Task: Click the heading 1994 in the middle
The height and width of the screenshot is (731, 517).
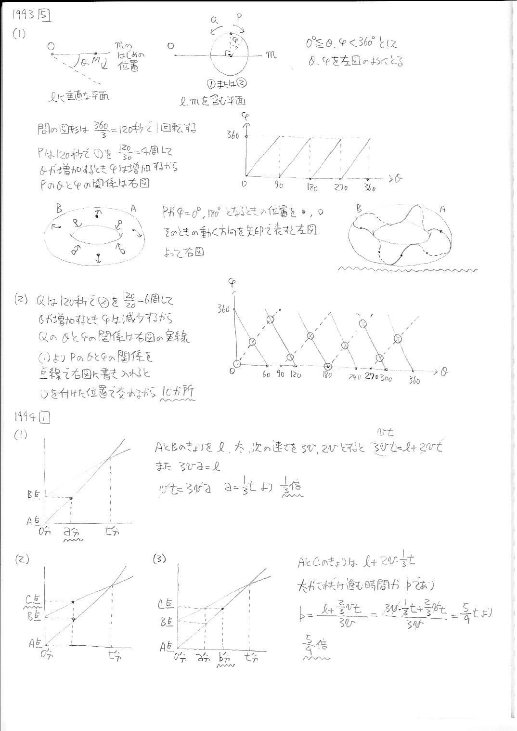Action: click(x=25, y=417)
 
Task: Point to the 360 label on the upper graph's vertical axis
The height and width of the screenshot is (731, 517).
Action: click(x=233, y=135)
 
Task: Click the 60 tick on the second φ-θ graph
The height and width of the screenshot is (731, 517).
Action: click(x=266, y=375)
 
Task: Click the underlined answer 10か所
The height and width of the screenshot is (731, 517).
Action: click(x=178, y=392)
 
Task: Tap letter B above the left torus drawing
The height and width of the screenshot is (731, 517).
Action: click(x=59, y=209)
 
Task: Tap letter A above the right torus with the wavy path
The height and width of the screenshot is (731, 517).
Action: click(x=442, y=209)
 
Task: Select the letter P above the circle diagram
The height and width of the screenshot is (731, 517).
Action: click(x=239, y=18)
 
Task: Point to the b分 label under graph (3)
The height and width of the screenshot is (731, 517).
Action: click(x=224, y=657)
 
